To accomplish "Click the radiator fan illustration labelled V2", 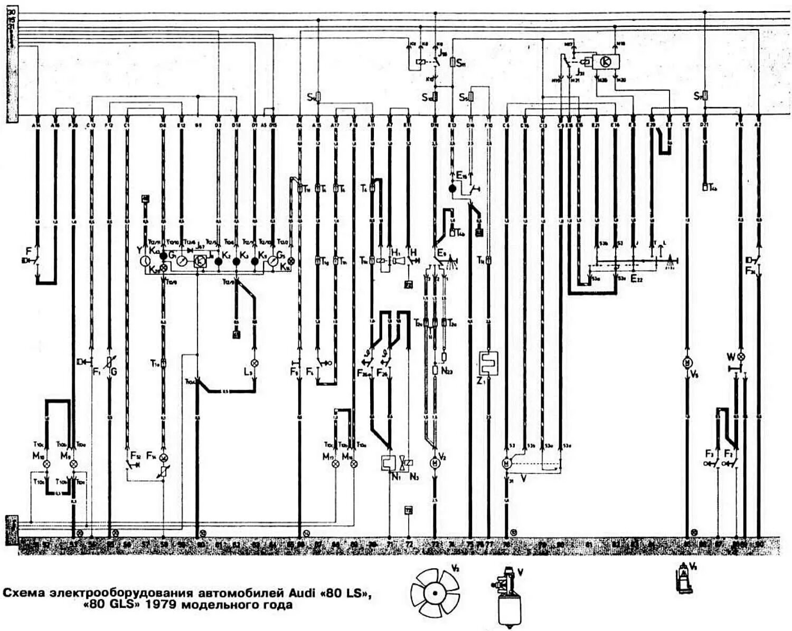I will (435, 592).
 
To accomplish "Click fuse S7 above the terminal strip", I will (705, 96).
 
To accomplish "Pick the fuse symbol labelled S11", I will (452, 62).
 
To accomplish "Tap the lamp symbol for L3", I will (254, 363).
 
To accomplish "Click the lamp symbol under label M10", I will (46, 464).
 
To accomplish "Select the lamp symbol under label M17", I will (336, 464).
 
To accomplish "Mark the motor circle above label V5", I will (687, 363).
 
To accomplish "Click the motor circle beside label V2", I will (435, 463).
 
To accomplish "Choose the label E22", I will (637, 279).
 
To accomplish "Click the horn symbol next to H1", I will (395, 262).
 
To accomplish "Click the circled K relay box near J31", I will (605, 62).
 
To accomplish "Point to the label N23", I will (447, 371).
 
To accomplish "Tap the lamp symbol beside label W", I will (740, 357).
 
